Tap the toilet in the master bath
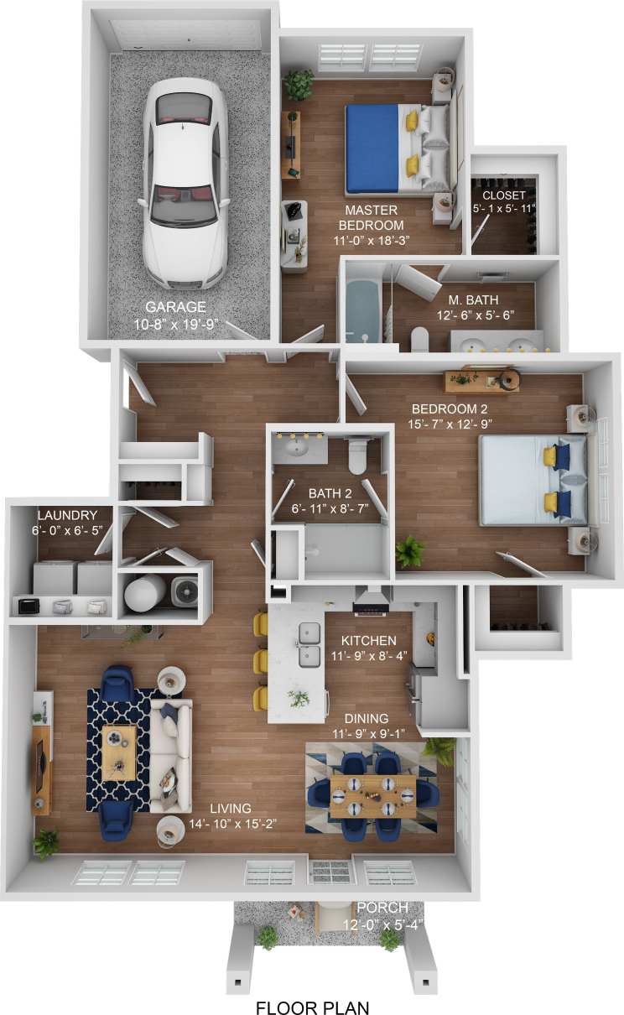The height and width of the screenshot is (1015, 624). point(419,338)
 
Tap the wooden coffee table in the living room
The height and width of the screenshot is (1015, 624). point(120,747)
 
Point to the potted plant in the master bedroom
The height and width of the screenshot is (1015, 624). point(298,85)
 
